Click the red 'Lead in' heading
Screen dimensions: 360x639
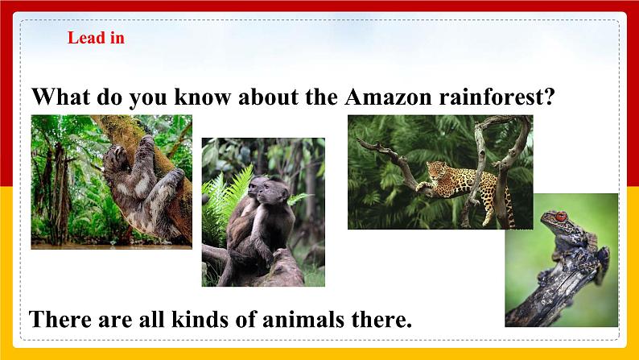point(96,37)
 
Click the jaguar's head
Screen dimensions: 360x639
point(435,170)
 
